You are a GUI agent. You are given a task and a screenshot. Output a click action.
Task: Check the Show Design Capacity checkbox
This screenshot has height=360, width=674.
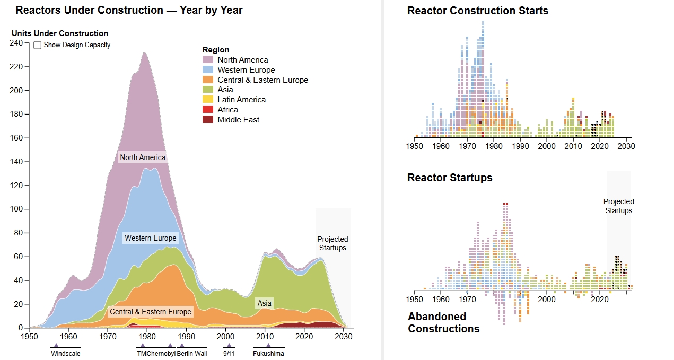[38, 45]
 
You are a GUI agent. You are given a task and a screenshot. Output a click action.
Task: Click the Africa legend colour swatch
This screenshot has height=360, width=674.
[208, 110]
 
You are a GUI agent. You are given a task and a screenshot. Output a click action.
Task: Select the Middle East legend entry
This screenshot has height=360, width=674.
[238, 120]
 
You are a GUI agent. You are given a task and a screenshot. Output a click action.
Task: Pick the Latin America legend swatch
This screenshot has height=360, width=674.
[208, 100]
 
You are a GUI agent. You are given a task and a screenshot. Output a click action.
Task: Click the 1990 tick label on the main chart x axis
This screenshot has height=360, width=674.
[186, 336]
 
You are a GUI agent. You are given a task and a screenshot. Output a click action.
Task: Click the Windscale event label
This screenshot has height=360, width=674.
[66, 354]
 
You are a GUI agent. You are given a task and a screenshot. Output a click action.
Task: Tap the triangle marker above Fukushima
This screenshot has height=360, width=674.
[268, 345]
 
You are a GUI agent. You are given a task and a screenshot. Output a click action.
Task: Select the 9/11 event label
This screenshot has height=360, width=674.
[229, 354]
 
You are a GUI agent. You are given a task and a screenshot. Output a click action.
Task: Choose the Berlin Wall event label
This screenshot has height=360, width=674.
[192, 354]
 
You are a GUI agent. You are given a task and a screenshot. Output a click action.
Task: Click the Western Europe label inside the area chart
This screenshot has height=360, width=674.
[150, 238]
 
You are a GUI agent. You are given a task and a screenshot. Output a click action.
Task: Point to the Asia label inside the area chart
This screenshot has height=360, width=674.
[264, 303]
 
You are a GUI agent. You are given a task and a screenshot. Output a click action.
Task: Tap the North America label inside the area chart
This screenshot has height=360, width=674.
[142, 157]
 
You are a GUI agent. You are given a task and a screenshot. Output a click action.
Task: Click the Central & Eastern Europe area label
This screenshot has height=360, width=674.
[150, 312]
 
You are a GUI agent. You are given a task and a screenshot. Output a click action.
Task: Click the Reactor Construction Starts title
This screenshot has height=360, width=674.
[477, 11]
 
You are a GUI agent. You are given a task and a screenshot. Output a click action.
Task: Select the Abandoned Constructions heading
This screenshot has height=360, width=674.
[443, 322]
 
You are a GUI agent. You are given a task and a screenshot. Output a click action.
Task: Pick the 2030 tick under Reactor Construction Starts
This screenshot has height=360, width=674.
[626, 146]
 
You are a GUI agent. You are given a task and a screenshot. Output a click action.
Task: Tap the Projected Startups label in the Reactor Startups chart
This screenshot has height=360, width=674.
[618, 206]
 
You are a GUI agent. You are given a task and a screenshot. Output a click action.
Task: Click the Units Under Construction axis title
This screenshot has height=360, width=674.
[60, 33]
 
